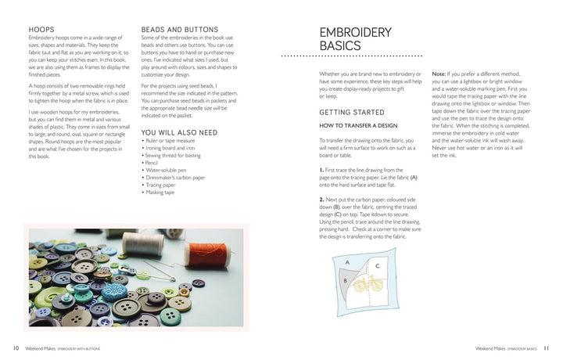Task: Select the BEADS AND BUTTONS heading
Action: (x=179, y=30)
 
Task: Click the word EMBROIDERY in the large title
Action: (x=355, y=32)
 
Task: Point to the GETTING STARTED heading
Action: (x=350, y=112)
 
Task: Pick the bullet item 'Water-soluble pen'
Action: (x=167, y=170)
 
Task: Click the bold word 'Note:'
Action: (x=439, y=74)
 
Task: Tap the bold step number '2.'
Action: (x=322, y=200)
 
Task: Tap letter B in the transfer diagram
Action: (x=345, y=279)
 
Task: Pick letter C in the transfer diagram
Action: (x=377, y=265)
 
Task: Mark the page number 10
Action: (x=16, y=348)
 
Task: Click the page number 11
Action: (x=546, y=348)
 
